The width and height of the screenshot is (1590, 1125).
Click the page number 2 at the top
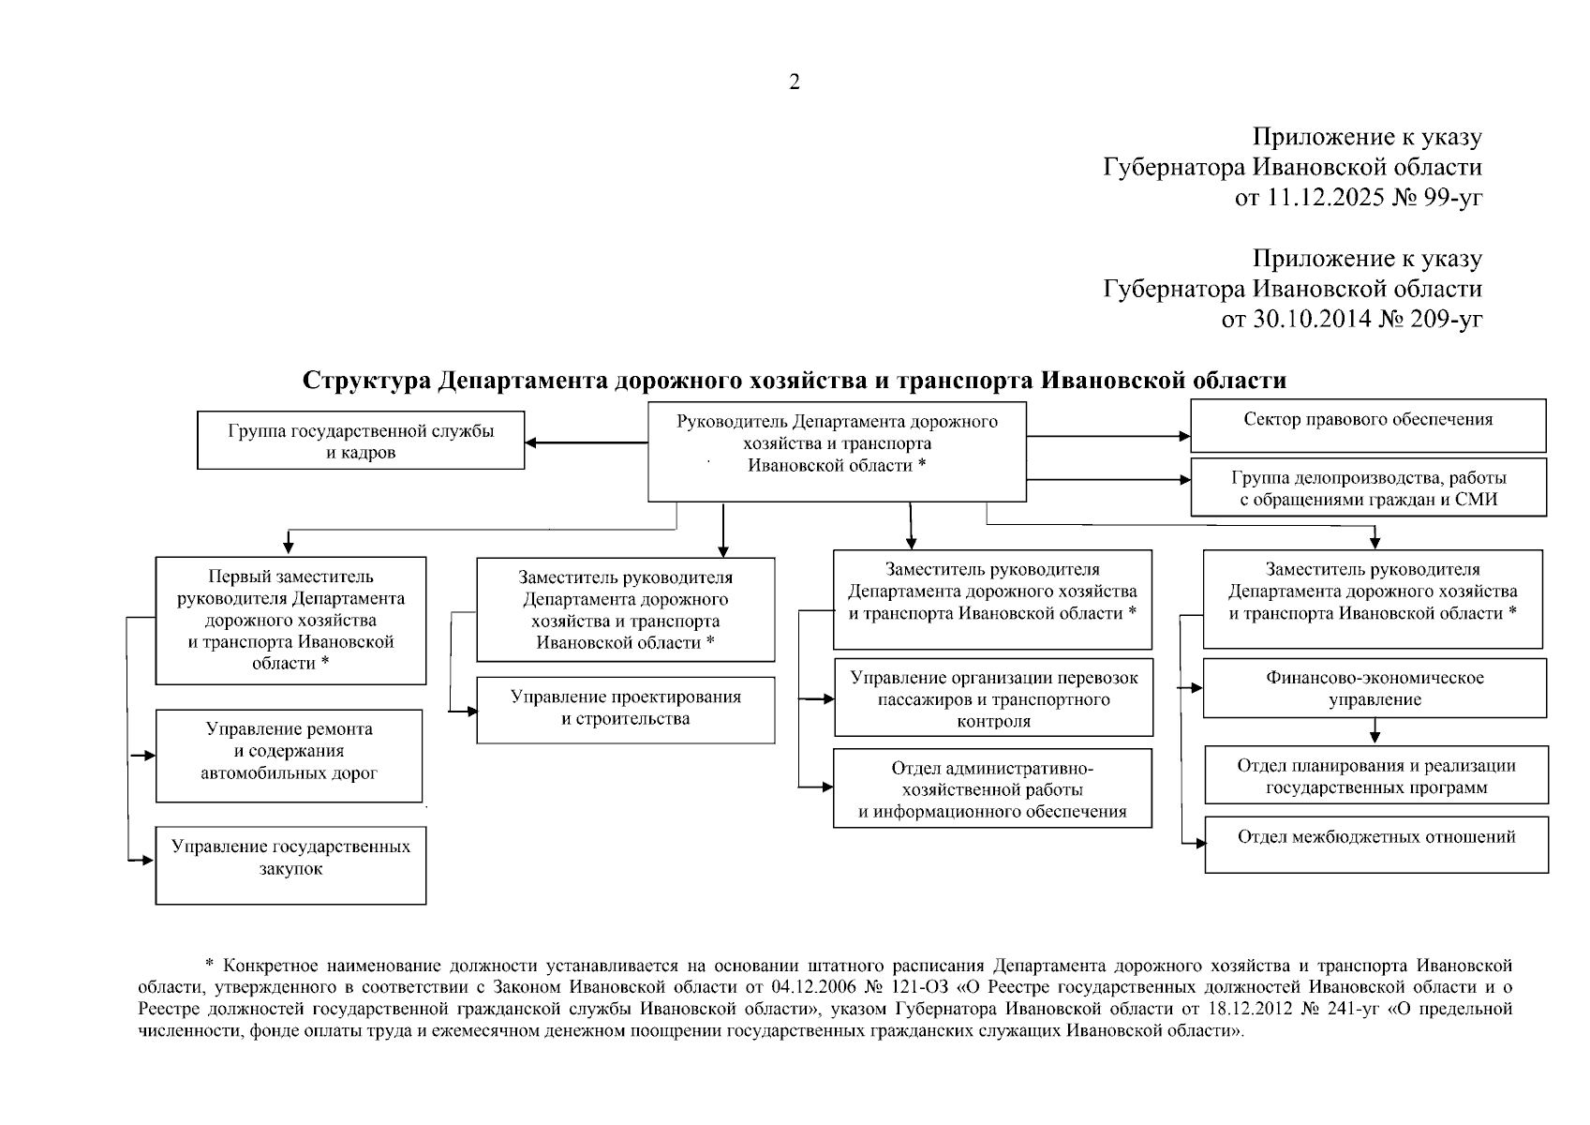click(795, 82)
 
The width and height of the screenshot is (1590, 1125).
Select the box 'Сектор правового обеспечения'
click(1368, 425)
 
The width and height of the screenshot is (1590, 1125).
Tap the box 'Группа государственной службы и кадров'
click(361, 441)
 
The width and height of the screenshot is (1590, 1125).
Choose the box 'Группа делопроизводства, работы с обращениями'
click(1368, 487)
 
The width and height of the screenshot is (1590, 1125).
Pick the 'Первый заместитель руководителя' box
click(290, 620)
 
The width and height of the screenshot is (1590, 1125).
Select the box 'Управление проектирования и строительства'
click(625, 710)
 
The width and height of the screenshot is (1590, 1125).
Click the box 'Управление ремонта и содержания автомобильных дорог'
click(289, 755)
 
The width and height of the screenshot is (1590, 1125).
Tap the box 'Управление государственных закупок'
click(290, 864)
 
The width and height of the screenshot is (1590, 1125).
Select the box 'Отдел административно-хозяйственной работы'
click(992, 788)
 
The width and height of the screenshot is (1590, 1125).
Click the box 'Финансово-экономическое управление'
click(1375, 688)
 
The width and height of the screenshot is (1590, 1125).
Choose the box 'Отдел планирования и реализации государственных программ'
click(1375, 775)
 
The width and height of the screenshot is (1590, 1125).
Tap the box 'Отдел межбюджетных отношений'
click(1375, 844)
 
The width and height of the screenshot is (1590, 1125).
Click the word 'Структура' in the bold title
click(364, 381)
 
